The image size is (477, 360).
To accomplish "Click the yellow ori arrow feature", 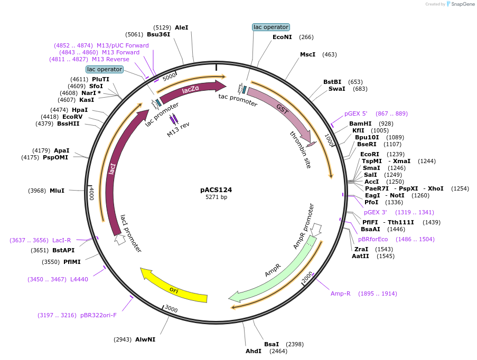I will click(173, 289).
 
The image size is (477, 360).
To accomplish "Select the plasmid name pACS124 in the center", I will click(216, 190).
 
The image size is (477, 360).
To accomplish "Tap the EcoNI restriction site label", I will click(282, 37).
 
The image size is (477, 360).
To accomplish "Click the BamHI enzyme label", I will click(360, 123).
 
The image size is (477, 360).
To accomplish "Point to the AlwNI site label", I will click(145, 339).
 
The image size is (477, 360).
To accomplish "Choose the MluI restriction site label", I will click(57, 191).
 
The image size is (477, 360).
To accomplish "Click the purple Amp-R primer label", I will click(340, 293).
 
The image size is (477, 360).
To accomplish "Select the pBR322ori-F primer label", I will click(98, 315).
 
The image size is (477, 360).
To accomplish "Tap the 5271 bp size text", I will click(216, 197).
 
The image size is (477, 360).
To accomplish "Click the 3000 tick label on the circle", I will click(171, 308).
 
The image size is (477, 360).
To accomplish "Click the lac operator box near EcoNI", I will click(270, 27).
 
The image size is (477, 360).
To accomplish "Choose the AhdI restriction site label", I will click(254, 351).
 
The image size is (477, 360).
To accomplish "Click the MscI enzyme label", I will click(307, 54).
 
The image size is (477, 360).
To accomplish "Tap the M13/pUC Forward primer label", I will click(123, 45).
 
